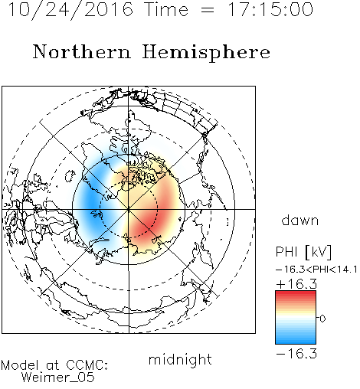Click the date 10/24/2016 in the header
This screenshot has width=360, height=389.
pyautogui.click(x=70, y=10)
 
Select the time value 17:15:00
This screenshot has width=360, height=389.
pyautogui.click(x=270, y=9)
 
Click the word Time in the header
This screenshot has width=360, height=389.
pyautogui.click(x=166, y=9)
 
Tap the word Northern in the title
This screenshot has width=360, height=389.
pyautogui.click(x=82, y=52)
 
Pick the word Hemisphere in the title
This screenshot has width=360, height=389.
pyautogui.click(x=206, y=53)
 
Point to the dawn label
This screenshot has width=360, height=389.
pyautogui.click(x=300, y=220)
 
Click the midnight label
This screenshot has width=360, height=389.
pyautogui.click(x=180, y=359)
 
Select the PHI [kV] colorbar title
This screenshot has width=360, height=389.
pyautogui.click(x=303, y=252)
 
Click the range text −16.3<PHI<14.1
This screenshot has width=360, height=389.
pyautogui.click(x=316, y=270)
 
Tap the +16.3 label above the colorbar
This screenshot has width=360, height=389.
pyautogui.click(x=296, y=284)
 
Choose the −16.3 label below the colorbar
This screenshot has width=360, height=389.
pyautogui.click(x=296, y=354)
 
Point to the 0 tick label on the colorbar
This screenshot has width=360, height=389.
pyautogui.click(x=322, y=319)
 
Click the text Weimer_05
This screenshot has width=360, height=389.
pyautogui.click(x=58, y=378)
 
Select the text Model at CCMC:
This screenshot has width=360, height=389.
pyautogui.click(x=54, y=365)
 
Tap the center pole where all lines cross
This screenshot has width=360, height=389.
pyautogui.click(x=129, y=209)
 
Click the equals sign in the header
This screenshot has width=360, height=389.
pyautogui.click(x=208, y=10)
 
